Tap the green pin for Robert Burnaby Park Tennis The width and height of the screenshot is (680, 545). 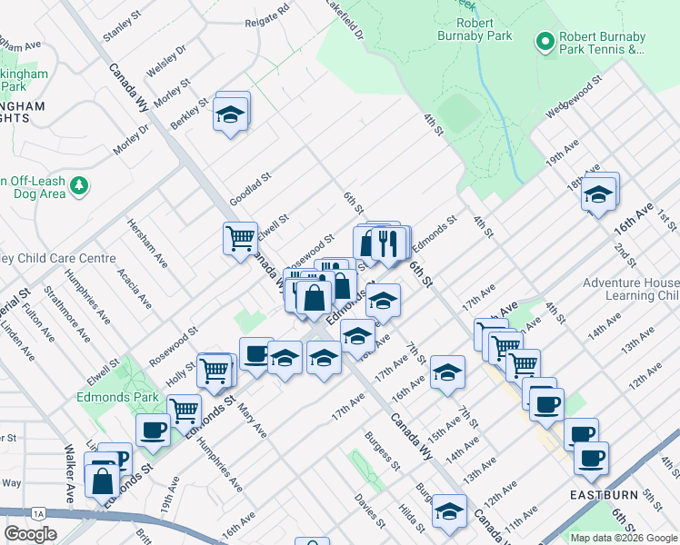tap(545, 41)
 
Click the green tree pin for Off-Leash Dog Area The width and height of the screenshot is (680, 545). tap(81, 185)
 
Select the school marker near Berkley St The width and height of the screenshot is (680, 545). tap(231, 114)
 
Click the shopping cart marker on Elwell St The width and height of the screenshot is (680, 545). tap(240, 239)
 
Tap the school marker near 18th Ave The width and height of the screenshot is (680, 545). tap(598, 194)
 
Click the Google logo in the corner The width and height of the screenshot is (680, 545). tap(30, 533)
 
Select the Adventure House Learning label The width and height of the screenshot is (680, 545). tap(631, 289)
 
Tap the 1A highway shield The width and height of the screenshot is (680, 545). tap(38, 513)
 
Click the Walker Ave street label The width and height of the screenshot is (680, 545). tap(69, 473)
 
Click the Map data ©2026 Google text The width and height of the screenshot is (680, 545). tap(623, 537)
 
